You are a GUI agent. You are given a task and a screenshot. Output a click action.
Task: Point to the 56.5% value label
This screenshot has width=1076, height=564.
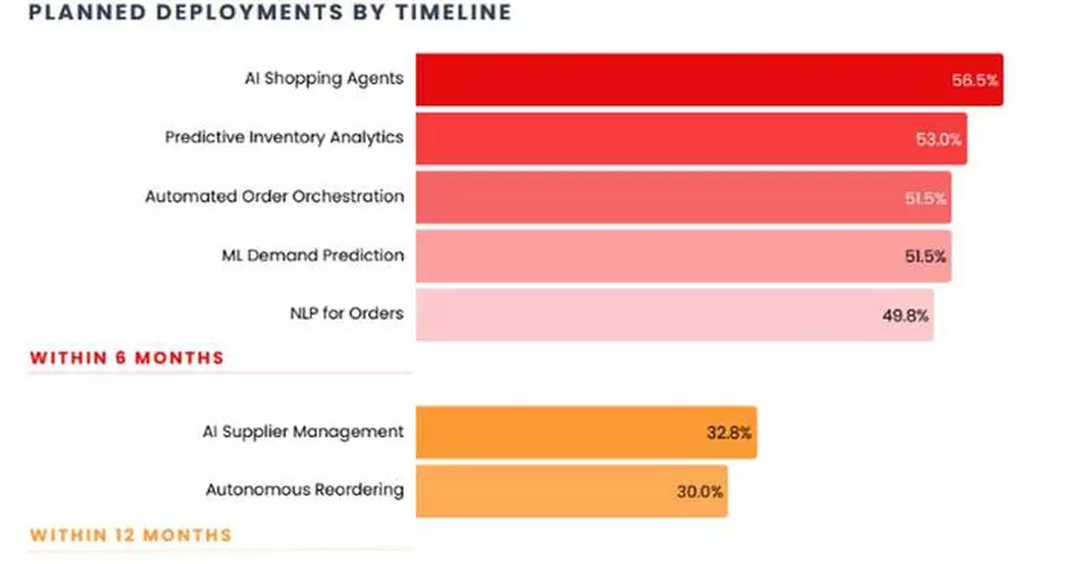(975, 80)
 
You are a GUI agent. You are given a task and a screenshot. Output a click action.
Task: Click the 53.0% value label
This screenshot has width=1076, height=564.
(939, 139)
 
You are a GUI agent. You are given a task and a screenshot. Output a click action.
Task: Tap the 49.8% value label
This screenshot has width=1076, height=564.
(906, 315)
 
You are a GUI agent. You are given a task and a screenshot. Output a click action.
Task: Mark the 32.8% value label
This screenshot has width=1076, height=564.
(729, 432)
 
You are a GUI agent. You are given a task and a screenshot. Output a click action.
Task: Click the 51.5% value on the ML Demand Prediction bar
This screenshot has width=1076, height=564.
(925, 256)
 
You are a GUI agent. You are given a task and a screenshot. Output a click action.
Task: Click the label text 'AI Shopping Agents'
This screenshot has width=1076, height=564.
(324, 78)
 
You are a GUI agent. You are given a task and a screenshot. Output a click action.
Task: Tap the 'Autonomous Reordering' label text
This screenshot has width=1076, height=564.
(305, 490)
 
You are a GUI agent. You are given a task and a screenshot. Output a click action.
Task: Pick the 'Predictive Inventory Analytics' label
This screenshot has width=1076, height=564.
(284, 137)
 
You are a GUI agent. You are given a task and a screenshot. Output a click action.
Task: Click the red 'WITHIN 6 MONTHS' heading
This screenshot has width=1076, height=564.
(126, 358)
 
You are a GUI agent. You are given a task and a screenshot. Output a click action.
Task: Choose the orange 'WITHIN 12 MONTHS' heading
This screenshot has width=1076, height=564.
(131, 535)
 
